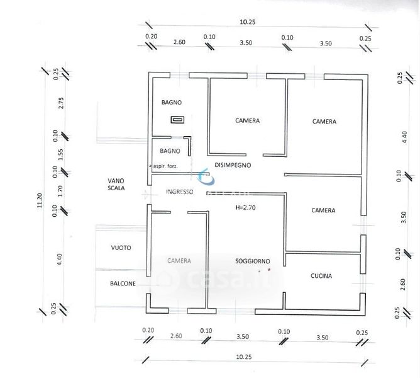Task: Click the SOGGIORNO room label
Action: point(253,260)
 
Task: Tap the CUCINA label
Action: point(321,276)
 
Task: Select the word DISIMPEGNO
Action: point(233,165)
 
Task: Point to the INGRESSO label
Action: point(179,192)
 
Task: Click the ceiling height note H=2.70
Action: point(246,207)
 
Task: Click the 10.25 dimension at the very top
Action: point(248,22)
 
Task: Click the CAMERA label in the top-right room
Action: point(324,122)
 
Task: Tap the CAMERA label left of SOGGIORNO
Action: point(179,260)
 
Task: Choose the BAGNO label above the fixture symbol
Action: point(171,102)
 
